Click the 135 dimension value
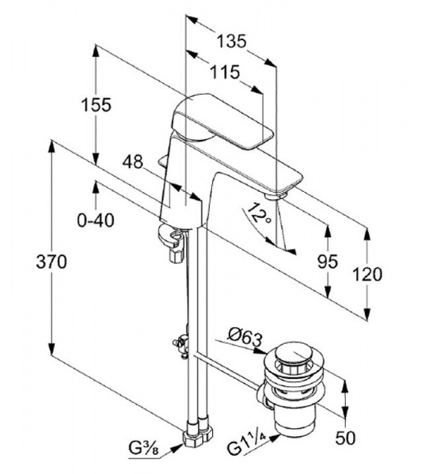pyautogui.click(x=231, y=41)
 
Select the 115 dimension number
pyautogui.click(x=225, y=72)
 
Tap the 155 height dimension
pyautogui.click(x=97, y=105)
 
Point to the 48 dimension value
pyautogui.click(x=132, y=162)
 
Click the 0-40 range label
pyautogui.click(x=96, y=220)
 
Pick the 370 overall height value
pyautogui.click(x=51, y=261)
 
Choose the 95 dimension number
pyautogui.click(x=327, y=261)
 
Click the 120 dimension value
pyautogui.click(x=367, y=274)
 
